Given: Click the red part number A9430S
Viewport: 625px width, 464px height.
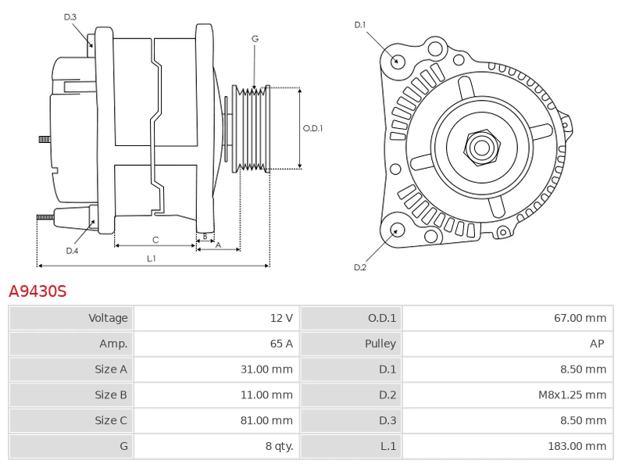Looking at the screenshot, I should point(37,291).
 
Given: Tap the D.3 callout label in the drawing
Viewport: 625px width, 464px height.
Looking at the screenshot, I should point(70,17).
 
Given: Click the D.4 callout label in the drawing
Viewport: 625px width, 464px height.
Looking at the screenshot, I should point(72,251).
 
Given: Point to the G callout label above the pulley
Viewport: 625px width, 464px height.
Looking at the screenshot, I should point(255,38).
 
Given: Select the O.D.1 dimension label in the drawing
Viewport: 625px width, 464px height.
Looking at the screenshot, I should point(312,128).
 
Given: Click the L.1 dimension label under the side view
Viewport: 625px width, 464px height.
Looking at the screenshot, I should point(152,259).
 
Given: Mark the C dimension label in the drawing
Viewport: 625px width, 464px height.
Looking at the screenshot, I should point(155,240).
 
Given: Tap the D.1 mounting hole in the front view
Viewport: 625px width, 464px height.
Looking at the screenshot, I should point(397,61).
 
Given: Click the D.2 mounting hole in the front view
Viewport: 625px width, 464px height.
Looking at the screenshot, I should point(396,230).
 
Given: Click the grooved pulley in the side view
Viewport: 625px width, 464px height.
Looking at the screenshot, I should point(252,128).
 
